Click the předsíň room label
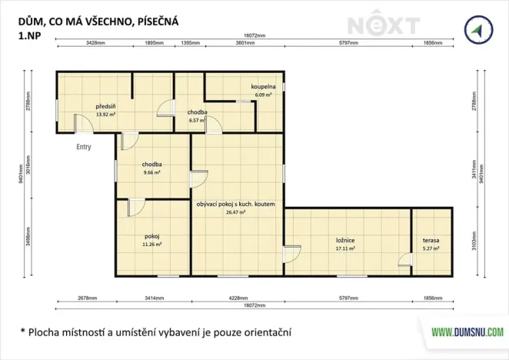(105, 106)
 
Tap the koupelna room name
(263, 87)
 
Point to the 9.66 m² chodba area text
(151, 173)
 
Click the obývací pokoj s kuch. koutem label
(235, 204)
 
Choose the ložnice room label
(344, 241)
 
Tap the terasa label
(431, 241)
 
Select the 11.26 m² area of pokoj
(151, 245)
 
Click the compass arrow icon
(478, 30)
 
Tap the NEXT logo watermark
(381, 25)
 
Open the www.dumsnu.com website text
(466, 332)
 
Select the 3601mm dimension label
(245, 43)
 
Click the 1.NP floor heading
(30, 35)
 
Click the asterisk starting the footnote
(22, 332)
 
